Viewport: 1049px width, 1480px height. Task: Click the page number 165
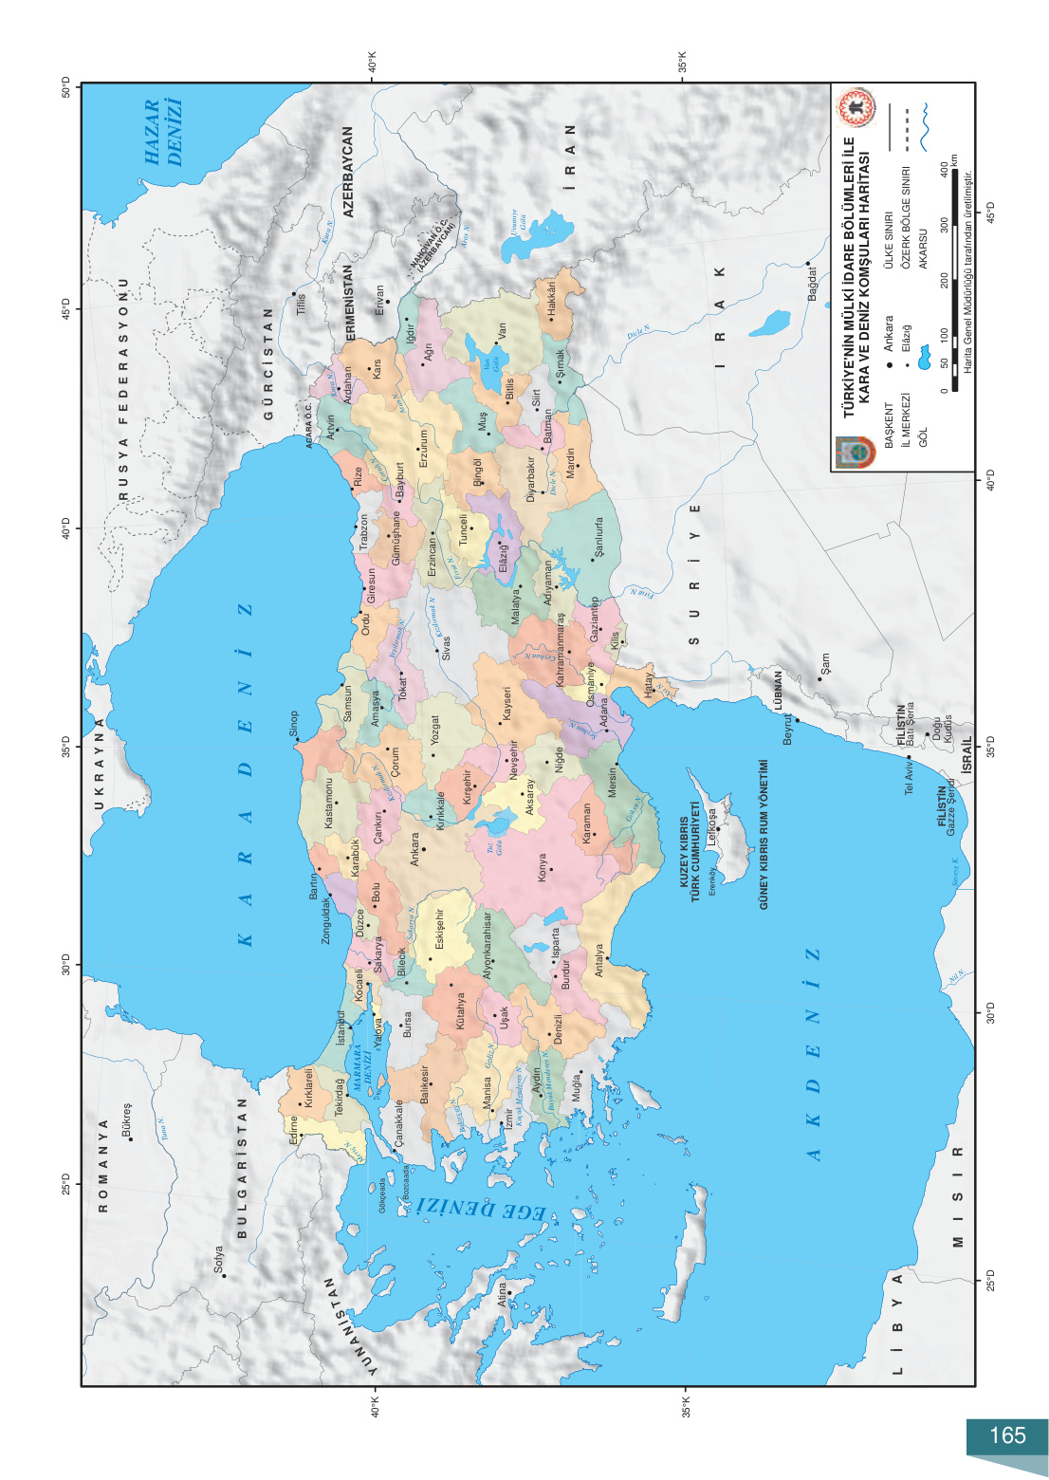point(1007,1435)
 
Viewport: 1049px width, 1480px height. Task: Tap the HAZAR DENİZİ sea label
point(162,133)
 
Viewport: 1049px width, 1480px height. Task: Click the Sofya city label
point(219,1260)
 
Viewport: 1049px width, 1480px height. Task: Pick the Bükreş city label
point(127,1119)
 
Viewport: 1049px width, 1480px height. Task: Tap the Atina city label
point(503,1295)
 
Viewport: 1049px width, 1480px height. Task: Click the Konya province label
point(542,867)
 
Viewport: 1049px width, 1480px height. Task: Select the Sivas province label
point(446,648)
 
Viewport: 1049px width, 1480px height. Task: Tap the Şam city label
point(824,663)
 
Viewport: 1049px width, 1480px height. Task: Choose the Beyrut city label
point(787,729)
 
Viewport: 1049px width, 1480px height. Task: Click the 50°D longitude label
point(66,88)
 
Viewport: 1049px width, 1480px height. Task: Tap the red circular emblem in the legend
point(856,108)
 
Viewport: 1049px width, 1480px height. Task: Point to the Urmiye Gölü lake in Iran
point(536,235)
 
